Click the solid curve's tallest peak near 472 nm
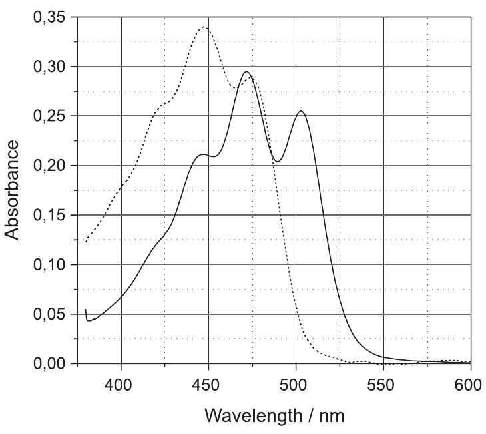tap(247, 72)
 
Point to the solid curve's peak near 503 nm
tap(301, 111)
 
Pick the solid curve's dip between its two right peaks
tap(278, 161)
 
